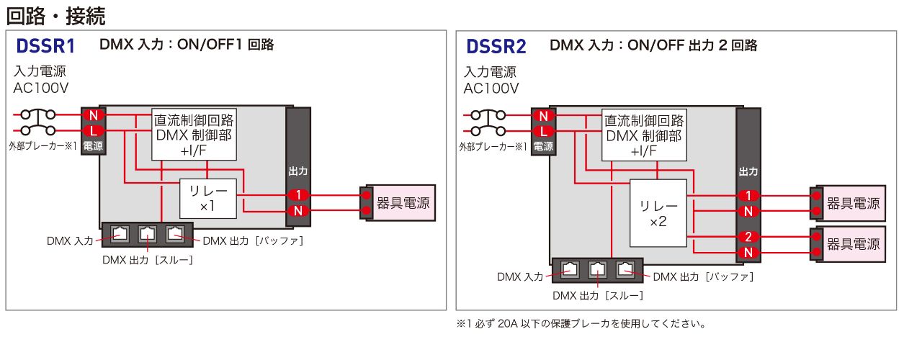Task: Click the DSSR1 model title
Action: click(45, 47)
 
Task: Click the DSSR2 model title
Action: click(496, 47)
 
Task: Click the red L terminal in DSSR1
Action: click(93, 130)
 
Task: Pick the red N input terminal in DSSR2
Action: click(544, 115)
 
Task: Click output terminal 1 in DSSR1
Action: click(297, 194)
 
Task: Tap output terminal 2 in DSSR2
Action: click(748, 237)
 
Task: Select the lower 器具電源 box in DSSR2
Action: click(853, 245)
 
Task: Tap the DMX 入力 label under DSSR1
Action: click(70, 241)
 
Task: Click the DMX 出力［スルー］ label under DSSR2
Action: click(598, 295)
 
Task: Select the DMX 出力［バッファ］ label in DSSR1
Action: click(253, 241)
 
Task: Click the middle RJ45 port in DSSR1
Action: click(148, 233)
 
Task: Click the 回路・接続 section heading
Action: click(55, 14)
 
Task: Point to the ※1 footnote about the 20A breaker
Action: click(581, 324)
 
